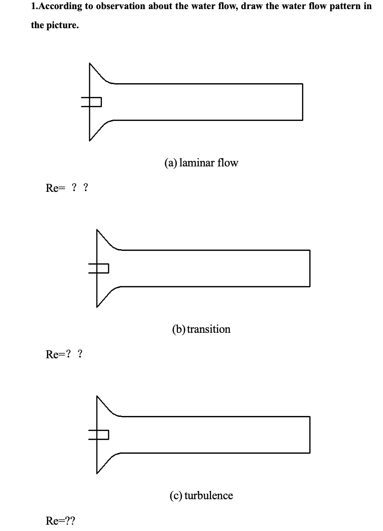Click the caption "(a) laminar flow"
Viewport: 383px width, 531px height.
tap(201, 163)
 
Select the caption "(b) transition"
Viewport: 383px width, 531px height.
tap(201, 329)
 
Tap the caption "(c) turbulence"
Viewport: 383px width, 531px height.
tap(201, 496)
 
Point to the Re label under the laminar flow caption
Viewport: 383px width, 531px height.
tap(67, 188)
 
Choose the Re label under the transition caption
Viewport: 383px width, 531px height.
tap(64, 354)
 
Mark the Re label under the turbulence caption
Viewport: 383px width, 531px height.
tap(60, 521)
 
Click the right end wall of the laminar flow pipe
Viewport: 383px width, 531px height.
tap(302, 102)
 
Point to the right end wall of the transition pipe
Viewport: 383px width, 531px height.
tap(310, 268)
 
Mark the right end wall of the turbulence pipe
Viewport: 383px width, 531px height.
tap(310, 435)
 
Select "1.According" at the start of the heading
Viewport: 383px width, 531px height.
tap(56, 7)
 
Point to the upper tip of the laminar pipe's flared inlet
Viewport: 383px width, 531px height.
tap(90, 63)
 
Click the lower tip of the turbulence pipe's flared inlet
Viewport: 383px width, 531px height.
tap(97, 473)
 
